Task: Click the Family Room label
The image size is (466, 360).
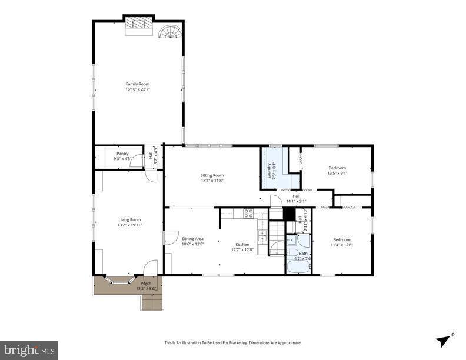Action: (x=137, y=84)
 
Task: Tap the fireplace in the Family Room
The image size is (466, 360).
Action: (x=139, y=25)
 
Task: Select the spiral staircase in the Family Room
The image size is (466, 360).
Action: (x=171, y=31)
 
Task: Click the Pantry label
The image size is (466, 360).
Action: (x=122, y=153)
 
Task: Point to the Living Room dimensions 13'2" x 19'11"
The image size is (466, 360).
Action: (x=129, y=225)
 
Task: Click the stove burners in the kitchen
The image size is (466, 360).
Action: (x=248, y=214)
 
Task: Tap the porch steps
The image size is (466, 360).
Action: (x=152, y=302)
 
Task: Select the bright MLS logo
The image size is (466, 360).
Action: (x=29, y=350)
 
